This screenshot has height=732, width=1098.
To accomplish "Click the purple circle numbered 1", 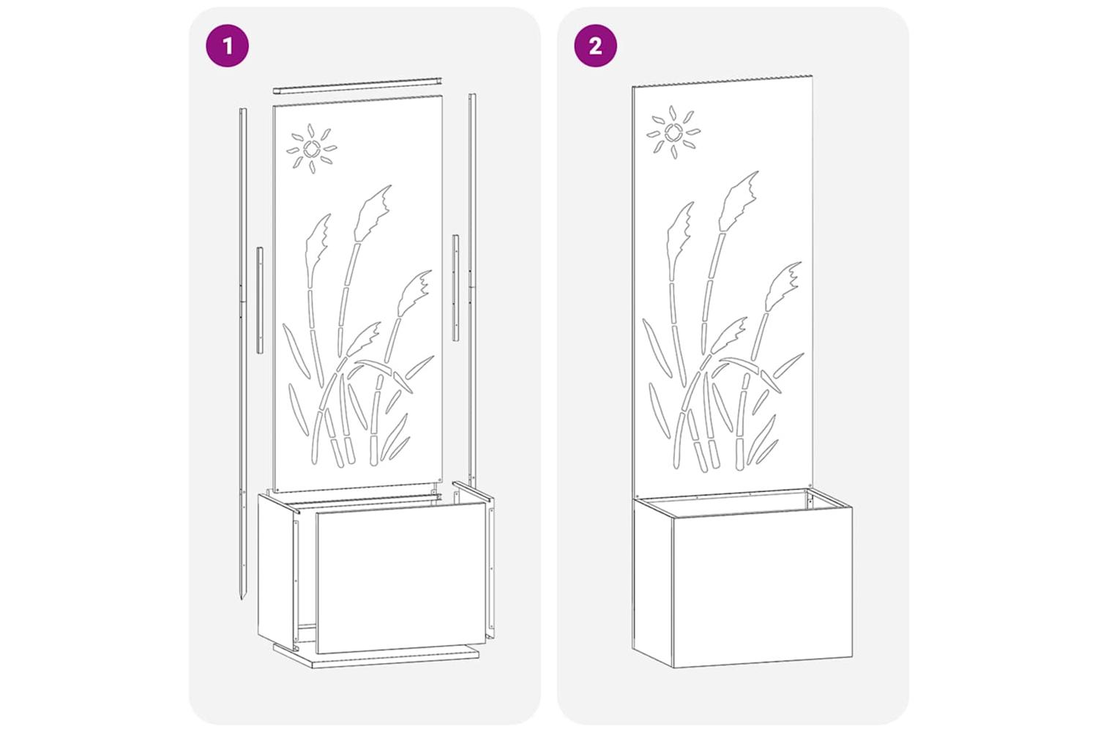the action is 227,45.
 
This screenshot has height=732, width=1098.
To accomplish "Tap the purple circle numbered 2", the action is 596,45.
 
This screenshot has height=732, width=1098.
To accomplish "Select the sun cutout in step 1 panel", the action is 312,149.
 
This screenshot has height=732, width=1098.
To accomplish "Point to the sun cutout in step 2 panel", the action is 673,132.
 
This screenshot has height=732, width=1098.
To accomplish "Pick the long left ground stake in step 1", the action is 242,353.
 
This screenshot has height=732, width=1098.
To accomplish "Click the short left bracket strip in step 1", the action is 260,299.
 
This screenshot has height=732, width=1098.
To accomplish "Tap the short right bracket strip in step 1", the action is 455,288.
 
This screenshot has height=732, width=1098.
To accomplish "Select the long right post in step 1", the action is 472,289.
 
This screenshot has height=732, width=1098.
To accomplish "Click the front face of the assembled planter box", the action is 763,587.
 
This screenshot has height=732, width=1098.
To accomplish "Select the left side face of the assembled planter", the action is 653,583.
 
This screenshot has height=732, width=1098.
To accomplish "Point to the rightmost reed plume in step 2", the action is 783,285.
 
